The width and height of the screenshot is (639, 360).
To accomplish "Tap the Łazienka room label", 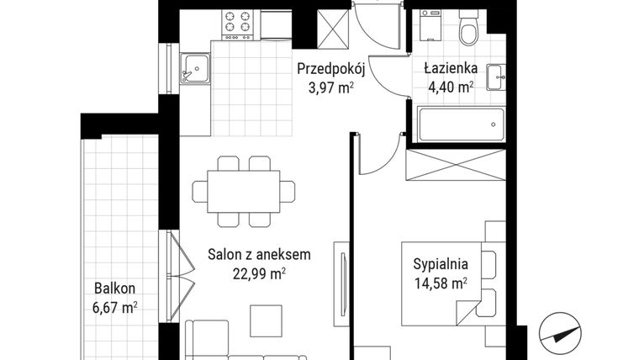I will coord(451,69).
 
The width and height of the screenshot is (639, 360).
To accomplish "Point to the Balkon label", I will coord(114,288).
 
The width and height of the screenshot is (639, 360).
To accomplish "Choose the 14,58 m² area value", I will coord(440,283).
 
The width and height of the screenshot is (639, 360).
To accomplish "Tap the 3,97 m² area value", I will coord(330,87).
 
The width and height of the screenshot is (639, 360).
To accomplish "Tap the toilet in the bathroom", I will coord(470,29).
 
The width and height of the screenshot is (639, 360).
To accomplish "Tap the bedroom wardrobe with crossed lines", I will coord(455,164).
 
